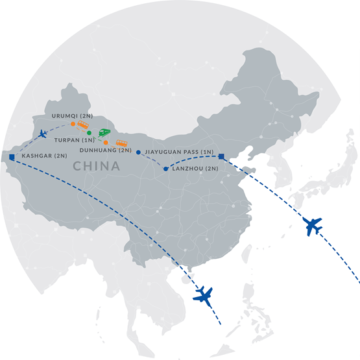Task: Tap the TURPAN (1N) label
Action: (x=71, y=139)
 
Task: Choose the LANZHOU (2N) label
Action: (x=197, y=169)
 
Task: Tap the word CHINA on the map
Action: (x=97, y=167)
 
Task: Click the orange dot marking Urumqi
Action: (x=73, y=123)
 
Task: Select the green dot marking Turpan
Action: (x=90, y=133)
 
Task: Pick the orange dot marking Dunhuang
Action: (x=106, y=142)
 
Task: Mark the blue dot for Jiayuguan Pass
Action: (x=138, y=152)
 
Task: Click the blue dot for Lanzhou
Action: (x=166, y=169)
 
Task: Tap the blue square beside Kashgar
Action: (x=12, y=156)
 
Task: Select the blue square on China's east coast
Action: (x=222, y=156)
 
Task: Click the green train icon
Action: (x=104, y=132)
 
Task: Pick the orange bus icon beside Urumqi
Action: (x=84, y=124)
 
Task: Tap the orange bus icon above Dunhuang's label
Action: (x=121, y=143)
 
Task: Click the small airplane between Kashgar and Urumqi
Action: (x=43, y=134)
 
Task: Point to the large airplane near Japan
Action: (x=313, y=227)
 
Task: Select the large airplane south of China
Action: (x=205, y=295)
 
